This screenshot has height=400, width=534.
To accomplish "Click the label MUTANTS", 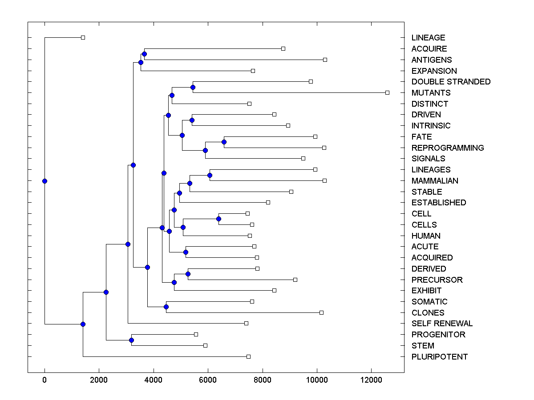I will click(431, 93).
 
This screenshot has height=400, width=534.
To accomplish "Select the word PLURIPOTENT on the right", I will click(440, 357).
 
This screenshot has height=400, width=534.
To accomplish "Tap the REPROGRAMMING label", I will click(448, 148).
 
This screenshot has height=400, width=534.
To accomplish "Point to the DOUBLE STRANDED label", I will click(451, 82).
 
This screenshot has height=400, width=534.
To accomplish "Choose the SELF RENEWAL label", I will click(442, 324).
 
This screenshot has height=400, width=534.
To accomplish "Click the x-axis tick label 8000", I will click(263, 380).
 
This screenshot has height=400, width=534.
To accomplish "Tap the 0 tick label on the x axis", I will click(44, 380).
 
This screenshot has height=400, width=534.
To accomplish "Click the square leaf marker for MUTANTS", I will click(387, 92).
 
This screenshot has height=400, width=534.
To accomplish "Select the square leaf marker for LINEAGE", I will click(83, 37).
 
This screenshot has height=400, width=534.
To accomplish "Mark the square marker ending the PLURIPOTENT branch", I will click(248, 356).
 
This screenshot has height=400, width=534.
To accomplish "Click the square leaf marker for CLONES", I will click(321, 312).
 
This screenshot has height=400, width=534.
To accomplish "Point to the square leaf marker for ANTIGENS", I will click(325, 60).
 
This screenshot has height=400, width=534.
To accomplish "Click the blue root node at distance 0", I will click(44, 181).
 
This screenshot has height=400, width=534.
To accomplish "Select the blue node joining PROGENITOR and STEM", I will click(131, 340).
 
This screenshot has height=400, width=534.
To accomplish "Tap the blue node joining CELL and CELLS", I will click(218, 219).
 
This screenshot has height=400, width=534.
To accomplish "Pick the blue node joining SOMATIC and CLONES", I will click(166, 307).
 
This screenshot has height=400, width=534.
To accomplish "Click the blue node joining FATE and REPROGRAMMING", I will click(224, 142).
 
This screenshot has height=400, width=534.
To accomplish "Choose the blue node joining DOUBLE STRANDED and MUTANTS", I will click(193, 87).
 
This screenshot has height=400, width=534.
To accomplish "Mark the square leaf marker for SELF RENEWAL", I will click(246, 323).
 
